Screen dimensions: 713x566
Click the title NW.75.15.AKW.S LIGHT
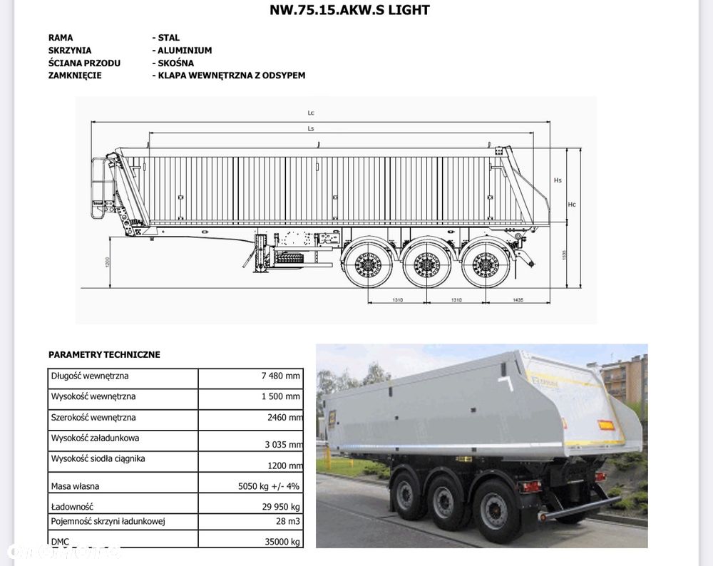(349, 10)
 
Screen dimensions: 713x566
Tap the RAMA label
(61, 38)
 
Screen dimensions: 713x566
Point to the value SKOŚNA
(175, 63)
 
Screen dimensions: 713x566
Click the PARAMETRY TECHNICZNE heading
(104, 354)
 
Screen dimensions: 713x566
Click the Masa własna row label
(75, 486)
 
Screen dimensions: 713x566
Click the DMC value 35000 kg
(282, 542)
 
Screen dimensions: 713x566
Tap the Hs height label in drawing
(558, 180)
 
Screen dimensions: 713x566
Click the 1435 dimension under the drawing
(518, 300)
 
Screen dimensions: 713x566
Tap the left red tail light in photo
(530, 487)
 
